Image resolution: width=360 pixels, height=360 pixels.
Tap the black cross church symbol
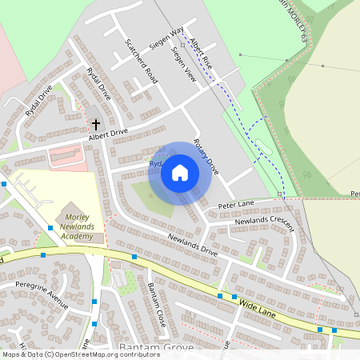pyautogui.click(x=96, y=124)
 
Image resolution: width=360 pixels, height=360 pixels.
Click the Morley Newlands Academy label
pyautogui.click(x=80, y=227)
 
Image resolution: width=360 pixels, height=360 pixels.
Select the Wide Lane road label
pyautogui.click(x=257, y=309)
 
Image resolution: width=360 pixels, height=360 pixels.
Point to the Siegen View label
pyautogui.click(x=184, y=64)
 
